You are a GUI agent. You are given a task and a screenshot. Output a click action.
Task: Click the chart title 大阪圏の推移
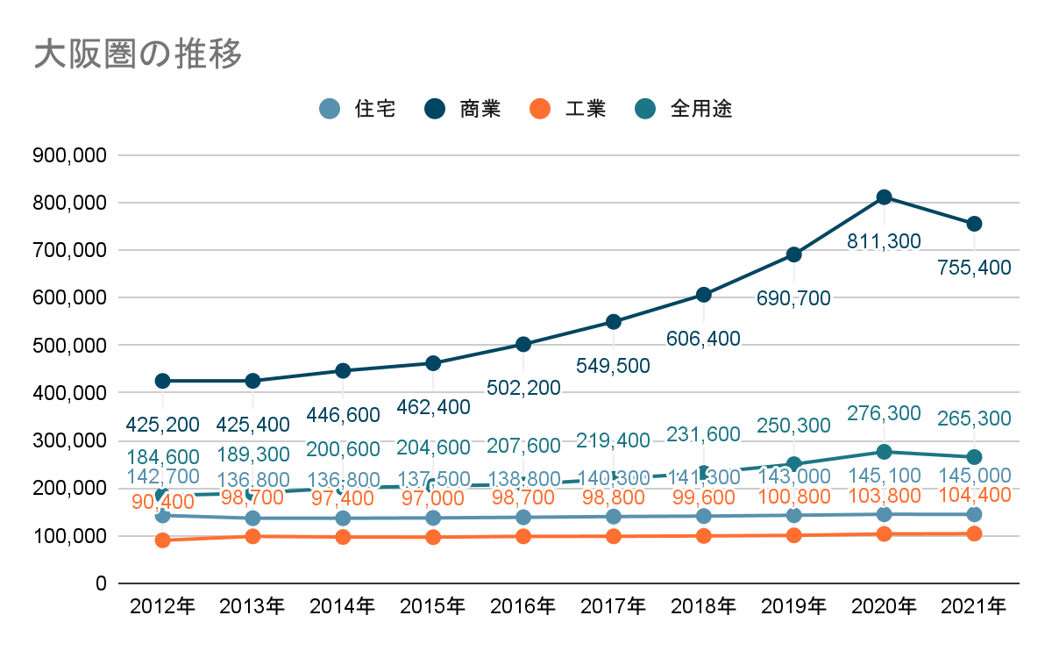tap(138, 54)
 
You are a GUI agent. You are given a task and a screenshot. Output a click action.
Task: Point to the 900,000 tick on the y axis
tap(68, 155)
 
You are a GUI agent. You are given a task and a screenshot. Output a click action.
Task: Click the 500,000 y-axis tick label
tap(68, 346)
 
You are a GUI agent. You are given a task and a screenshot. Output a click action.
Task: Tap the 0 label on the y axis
tap(100, 583)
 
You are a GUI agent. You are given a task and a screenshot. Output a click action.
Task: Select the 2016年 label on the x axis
tap(522, 606)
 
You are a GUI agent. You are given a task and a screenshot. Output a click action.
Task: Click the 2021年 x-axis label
tap(973, 606)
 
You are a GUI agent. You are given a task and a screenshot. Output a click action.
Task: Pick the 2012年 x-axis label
tap(162, 606)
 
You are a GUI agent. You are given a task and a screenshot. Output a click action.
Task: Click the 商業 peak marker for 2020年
tap(884, 197)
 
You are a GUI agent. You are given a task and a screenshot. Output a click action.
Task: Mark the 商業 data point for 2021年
tap(974, 224)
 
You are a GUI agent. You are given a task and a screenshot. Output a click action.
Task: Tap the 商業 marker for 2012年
tap(162, 381)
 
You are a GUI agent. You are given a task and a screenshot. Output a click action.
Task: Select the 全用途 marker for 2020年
tap(884, 452)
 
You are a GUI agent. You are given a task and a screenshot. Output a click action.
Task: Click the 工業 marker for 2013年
tap(252, 536)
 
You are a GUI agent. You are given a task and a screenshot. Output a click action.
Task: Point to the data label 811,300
tap(884, 241)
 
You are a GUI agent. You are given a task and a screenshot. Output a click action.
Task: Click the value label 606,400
tap(703, 339)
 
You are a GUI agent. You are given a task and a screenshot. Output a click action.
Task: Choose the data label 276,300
tap(884, 413)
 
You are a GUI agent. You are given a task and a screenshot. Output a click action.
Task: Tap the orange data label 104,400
tap(974, 495)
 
